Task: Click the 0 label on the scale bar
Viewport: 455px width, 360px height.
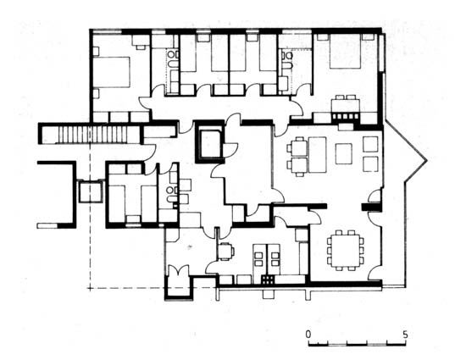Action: coord(308,335)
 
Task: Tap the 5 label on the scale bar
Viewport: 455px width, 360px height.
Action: coord(405,335)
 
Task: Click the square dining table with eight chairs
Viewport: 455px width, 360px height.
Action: coord(346,251)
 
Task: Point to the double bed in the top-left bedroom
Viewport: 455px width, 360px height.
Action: coord(111,72)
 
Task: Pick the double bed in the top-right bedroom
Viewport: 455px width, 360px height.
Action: coord(346,52)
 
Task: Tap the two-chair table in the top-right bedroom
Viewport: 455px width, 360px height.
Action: coord(346,104)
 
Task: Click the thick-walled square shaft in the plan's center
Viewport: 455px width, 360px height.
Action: coord(209,141)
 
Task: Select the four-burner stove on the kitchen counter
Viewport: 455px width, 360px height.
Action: coord(268,280)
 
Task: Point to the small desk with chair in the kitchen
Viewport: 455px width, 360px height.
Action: coord(225,251)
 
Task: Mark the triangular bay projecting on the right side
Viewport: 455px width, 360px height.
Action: coord(405,160)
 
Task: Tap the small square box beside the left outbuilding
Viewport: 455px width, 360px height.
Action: coord(91,191)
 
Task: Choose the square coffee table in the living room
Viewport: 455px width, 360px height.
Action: coord(344,154)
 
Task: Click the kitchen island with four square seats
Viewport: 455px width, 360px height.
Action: coord(266,259)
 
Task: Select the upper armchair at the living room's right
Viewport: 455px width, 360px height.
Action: coord(370,145)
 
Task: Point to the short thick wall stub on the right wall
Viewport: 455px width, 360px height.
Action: coord(370,208)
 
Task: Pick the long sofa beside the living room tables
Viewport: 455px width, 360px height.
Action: coord(318,155)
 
